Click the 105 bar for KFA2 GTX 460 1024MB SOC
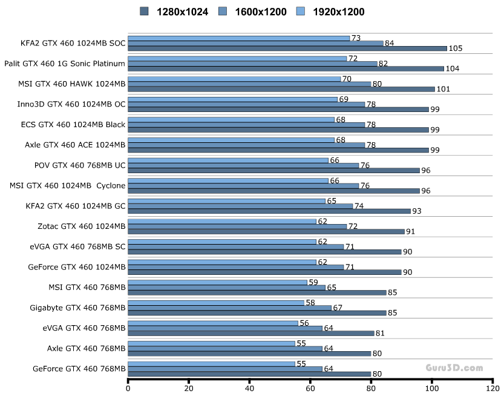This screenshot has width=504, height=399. [287, 48]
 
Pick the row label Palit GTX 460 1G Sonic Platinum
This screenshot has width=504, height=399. [65, 64]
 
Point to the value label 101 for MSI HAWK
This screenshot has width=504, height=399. [444, 89]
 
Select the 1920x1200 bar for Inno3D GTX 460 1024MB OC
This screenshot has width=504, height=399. [232, 99]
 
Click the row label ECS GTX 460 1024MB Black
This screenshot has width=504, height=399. [73, 125]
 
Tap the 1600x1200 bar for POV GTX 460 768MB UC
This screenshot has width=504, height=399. [243, 165]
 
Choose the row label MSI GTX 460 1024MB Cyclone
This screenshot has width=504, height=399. [68, 186]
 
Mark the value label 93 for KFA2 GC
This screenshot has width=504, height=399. [417, 211]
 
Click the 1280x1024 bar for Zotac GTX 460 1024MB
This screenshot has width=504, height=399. [266, 231]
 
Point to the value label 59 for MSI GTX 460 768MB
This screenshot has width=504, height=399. [313, 282]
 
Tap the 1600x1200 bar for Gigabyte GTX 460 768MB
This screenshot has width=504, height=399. [229, 308]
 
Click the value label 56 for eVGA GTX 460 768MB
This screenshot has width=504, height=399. [304, 323]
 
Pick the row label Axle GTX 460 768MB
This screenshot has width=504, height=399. [86, 348]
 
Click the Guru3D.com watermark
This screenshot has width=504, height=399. [454, 367]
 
